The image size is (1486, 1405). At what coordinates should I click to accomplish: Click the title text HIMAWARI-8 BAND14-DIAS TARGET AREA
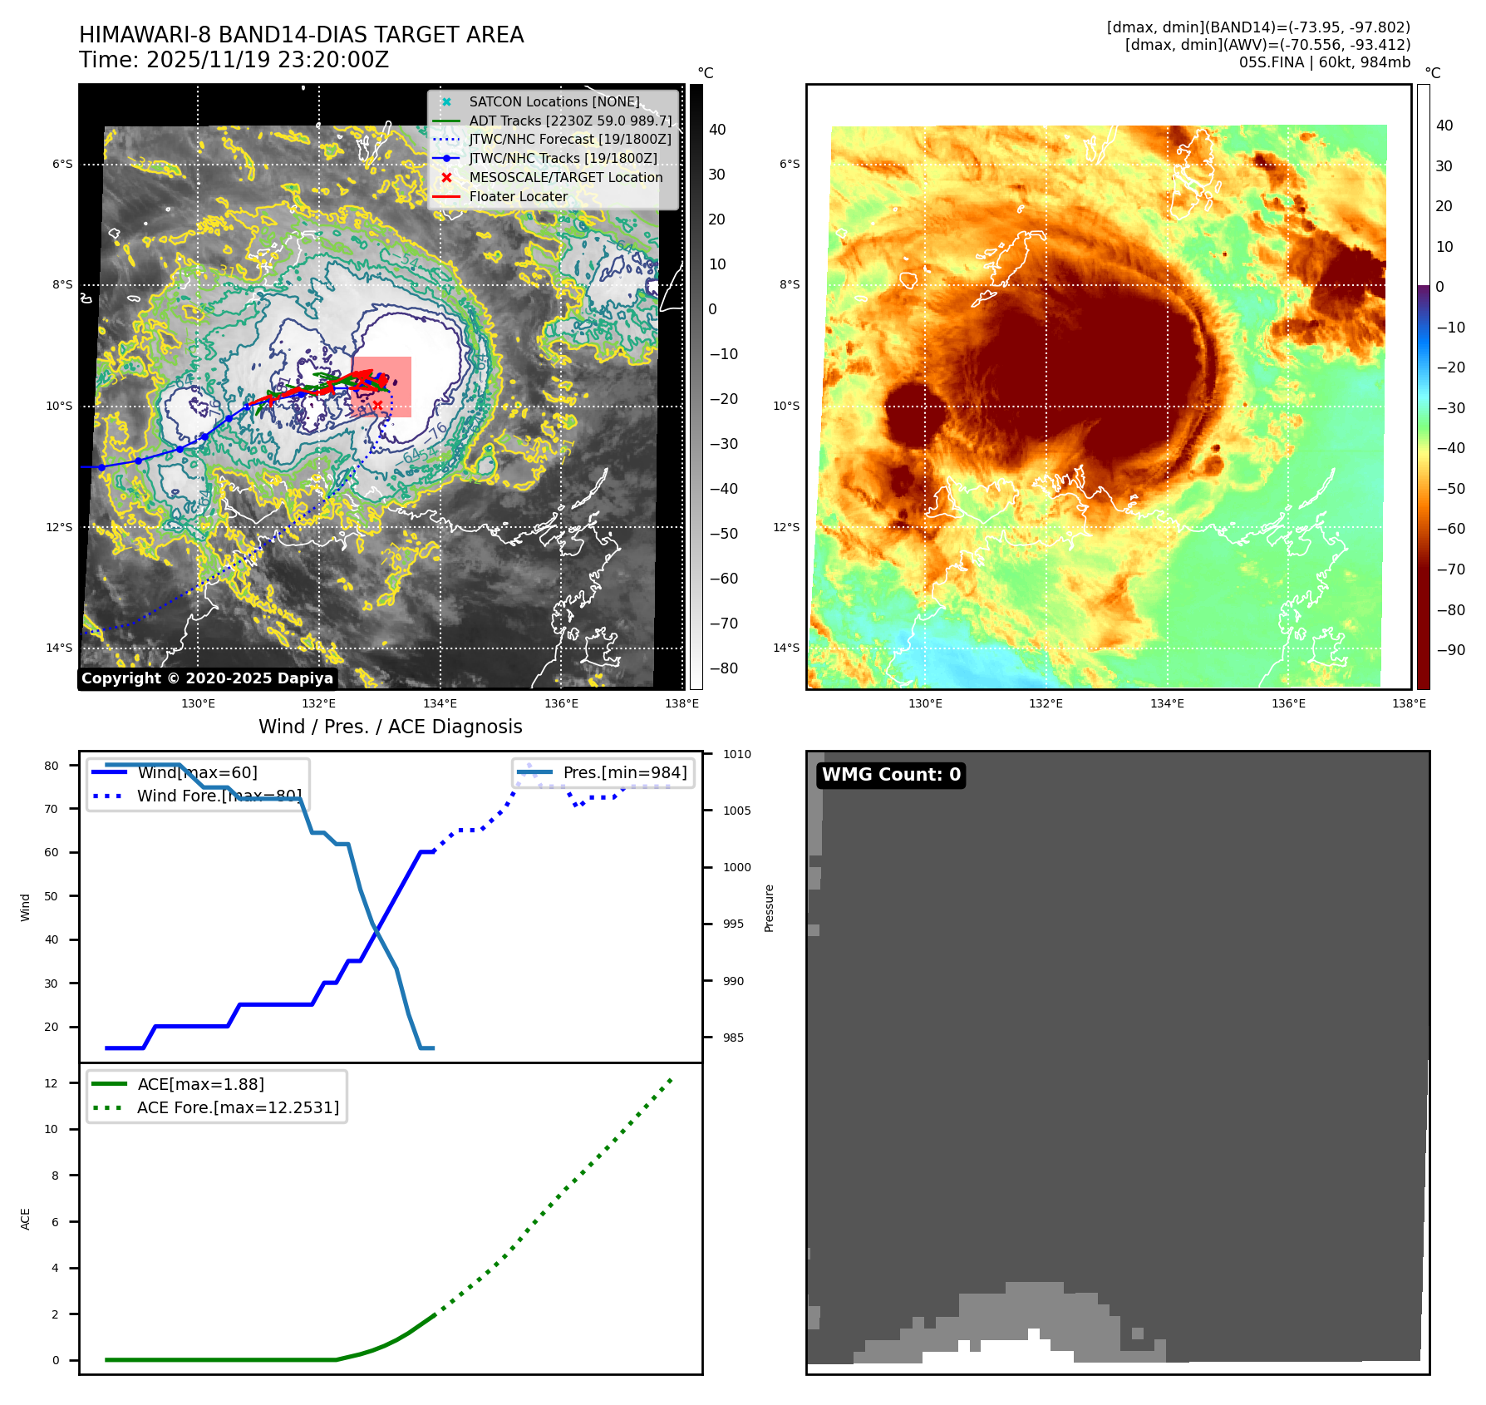[x=301, y=35]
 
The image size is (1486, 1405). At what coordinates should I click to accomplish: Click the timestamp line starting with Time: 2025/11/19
[x=234, y=60]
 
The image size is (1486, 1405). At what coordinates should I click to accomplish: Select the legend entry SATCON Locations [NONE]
[x=554, y=101]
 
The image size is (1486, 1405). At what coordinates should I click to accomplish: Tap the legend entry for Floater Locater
[x=518, y=196]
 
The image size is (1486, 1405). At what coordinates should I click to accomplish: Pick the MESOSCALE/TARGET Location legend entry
[x=565, y=177]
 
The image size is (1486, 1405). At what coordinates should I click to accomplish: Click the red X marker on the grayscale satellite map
[x=377, y=405]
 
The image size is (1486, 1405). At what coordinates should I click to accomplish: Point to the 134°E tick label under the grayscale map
[x=440, y=703]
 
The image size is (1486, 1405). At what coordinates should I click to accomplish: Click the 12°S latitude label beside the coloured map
[x=786, y=527]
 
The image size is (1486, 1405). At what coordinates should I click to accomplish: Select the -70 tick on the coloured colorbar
[x=1450, y=569]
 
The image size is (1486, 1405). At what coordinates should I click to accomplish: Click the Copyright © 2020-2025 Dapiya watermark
[x=207, y=678]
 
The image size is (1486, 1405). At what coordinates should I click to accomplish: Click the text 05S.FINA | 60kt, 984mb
[x=1324, y=62]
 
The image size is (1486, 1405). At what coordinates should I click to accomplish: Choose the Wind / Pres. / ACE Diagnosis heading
[x=390, y=727]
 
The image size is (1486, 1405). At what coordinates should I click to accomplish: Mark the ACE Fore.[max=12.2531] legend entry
[x=238, y=1107]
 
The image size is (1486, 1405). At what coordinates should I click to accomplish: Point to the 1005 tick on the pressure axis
[x=736, y=811]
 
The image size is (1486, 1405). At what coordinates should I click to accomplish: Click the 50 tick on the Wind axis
[x=52, y=896]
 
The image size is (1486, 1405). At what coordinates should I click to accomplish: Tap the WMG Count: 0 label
[x=891, y=775]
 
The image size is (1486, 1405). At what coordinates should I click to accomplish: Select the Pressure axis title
[x=769, y=908]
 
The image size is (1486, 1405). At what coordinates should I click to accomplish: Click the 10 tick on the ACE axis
[x=52, y=1129]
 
